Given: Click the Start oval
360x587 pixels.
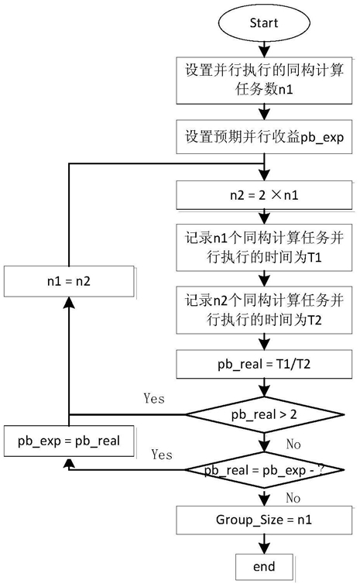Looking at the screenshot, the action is coord(264,22).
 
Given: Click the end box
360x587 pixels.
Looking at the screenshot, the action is coord(264,566).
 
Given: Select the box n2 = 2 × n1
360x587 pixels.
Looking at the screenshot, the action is coord(264,195).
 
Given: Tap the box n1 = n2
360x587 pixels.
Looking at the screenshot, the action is coord(69,281).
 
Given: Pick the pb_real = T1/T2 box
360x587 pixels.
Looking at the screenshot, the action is coord(264,364).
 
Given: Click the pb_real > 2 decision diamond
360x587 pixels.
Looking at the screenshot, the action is coord(264,415).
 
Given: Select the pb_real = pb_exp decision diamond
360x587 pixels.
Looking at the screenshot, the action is coord(264,470).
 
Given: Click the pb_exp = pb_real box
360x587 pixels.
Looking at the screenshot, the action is coord(69,441).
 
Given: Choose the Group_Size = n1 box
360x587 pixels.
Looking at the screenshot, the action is coord(264,520).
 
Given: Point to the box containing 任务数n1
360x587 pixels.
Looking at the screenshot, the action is coord(264,80).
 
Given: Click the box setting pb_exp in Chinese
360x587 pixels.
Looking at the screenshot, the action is coord(264,136).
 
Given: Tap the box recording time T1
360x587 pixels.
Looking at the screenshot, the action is coord(264,248).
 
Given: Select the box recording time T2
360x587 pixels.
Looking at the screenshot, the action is coord(264,311).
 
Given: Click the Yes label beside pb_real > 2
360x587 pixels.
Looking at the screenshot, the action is coord(154,398).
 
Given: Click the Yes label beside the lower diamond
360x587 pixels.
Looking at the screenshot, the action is coord(162,455).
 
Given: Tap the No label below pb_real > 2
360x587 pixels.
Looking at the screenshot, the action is coord(293,444).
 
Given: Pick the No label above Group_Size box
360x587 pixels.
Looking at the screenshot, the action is coord(293,498).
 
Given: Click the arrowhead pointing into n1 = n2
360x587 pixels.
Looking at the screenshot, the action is coord(69,302).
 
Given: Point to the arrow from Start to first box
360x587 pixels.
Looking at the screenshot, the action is coord(264,49).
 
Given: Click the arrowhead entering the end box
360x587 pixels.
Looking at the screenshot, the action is coord(264,548).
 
